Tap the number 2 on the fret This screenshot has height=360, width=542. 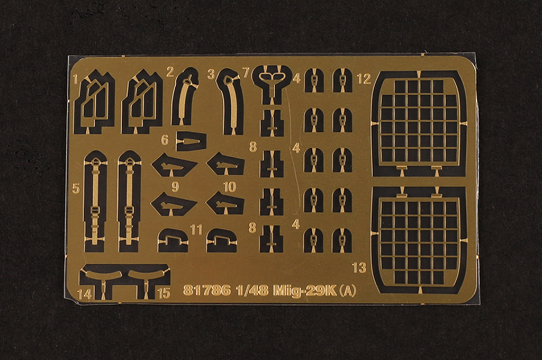[170, 72]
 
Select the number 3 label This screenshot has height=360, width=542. [211, 74]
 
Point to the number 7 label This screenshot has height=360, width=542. [246, 73]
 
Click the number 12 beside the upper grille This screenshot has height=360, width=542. [364, 79]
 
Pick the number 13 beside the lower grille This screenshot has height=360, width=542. [359, 267]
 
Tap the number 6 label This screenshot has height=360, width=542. [165, 140]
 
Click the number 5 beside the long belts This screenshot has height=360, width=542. [76, 188]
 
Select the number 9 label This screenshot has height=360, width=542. [175, 187]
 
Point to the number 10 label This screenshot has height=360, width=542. [230, 187]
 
